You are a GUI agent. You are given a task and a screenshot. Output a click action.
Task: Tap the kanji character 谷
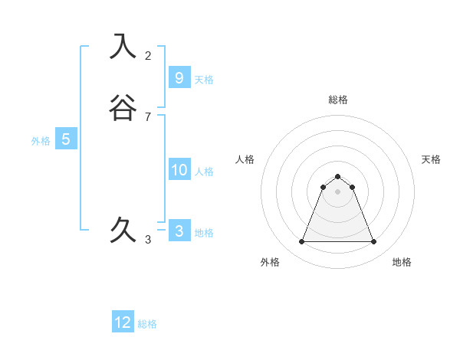click(x=123, y=108)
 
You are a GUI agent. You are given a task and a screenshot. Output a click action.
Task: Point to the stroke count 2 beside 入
click(x=148, y=56)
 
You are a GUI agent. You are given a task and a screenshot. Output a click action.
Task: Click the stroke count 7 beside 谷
click(x=148, y=117)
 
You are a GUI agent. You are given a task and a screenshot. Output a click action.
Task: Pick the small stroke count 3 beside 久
click(x=148, y=240)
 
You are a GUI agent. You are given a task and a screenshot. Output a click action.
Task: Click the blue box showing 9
click(x=179, y=77)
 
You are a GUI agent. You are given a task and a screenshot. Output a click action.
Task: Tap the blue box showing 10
click(x=179, y=170)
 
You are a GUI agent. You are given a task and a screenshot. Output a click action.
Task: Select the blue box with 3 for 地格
click(x=179, y=231)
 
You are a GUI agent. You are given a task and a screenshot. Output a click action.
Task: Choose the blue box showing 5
click(x=66, y=139)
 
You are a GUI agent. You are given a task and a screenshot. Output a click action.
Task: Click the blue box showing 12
click(x=123, y=322)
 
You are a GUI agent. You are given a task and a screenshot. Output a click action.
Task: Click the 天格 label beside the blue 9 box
click(x=204, y=80)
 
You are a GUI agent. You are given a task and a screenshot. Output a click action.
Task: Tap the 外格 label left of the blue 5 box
click(x=41, y=141)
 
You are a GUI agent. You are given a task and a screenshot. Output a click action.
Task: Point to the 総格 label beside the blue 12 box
click(x=147, y=324)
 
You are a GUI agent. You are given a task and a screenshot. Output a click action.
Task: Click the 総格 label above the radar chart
click(x=338, y=100)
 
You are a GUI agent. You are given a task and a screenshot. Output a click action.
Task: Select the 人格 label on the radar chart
click(x=245, y=159)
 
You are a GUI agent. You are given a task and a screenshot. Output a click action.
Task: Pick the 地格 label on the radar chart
click(x=402, y=262)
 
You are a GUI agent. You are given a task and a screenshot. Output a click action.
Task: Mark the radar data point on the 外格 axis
click(x=301, y=242)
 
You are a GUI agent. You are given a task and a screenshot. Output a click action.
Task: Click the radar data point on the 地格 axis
click(x=373, y=242)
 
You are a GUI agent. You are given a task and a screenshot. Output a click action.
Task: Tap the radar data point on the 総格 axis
click(x=337, y=175)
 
